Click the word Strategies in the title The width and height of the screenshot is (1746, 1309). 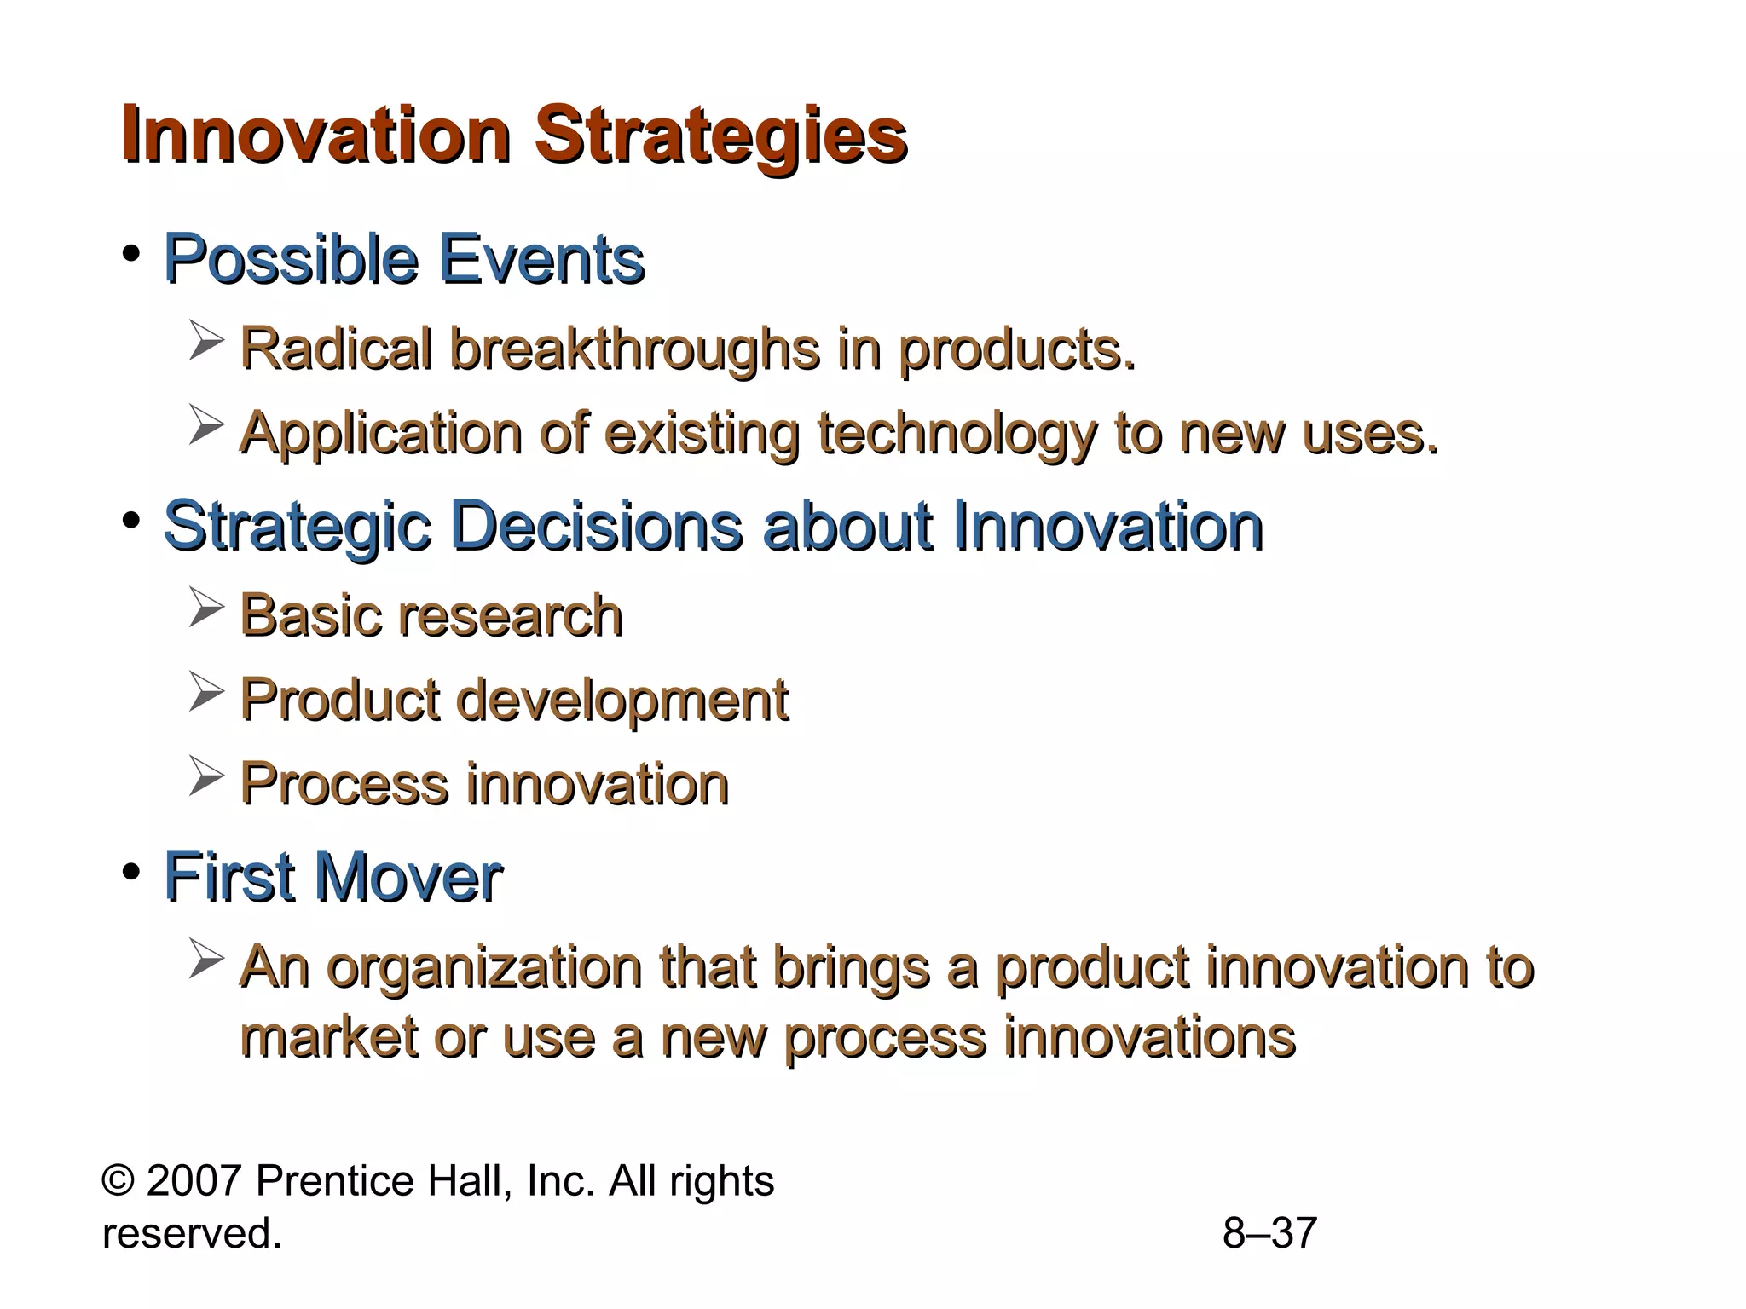click(x=720, y=136)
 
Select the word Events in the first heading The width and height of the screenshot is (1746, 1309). click(x=541, y=259)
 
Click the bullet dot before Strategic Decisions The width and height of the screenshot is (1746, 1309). click(x=130, y=521)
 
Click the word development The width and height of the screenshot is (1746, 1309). click(x=622, y=701)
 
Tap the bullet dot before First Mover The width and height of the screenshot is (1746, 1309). click(x=130, y=872)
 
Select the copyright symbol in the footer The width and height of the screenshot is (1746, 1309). click(x=117, y=1182)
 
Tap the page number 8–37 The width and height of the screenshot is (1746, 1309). click(x=1269, y=1233)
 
